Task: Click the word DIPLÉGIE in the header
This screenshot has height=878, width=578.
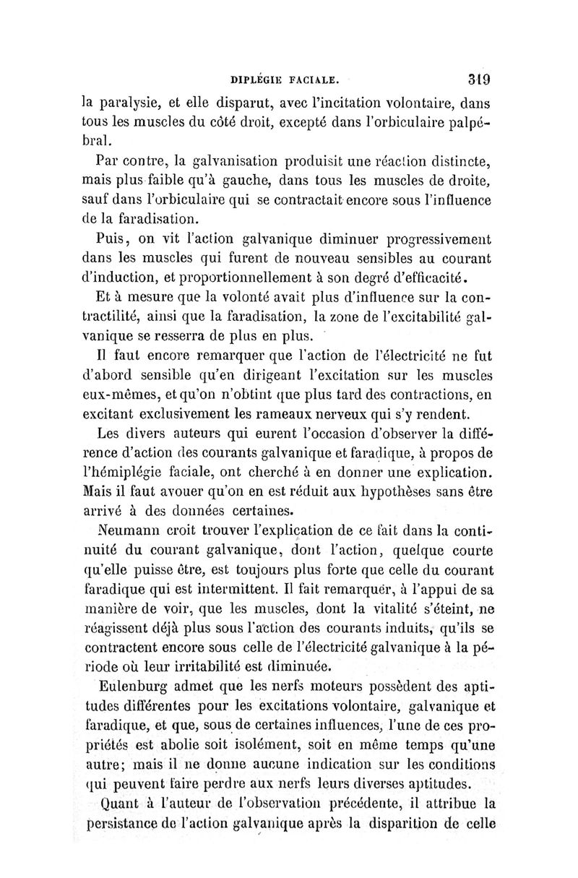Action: coord(256,74)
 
